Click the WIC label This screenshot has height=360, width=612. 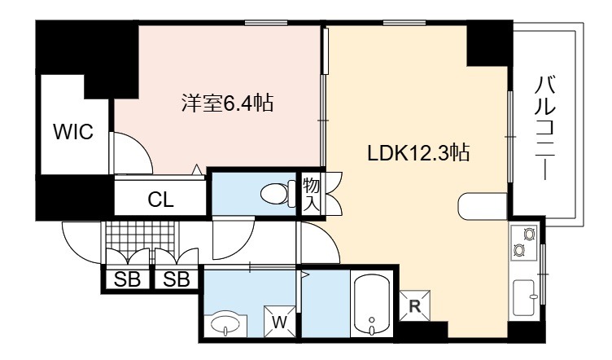pyautogui.click(x=73, y=132)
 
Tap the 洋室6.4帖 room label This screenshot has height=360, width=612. pyautogui.click(x=227, y=103)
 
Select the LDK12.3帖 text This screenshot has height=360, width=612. pyautogui.click(x=418, y=152)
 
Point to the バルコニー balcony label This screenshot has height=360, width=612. pyautogui.click(x=544, y=128)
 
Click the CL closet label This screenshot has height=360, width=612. pyautogui.click(x=160, y=200)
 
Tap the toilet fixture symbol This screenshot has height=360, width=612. pyautogui.click(x=278, y=193)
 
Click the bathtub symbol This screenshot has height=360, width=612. pyautogui.click(x=372, y=304)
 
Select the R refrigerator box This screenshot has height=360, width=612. pyautogui.click(x=414, y=305)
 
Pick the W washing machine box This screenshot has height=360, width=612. pyautogui.click(x=279, y=322)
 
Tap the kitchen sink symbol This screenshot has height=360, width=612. pyautogui.click(x=525, y=297)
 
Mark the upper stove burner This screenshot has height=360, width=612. pyautogui.click(x=529, y=234)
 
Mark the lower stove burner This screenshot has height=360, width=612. pyautogui.click(x=518, y=249)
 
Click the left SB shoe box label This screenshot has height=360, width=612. pyautogui.click(x=127, y=279)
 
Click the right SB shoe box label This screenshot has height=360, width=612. pyautogui.click(x=177, y=279)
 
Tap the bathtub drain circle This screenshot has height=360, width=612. pyautogui.click(x=372, y=319)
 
